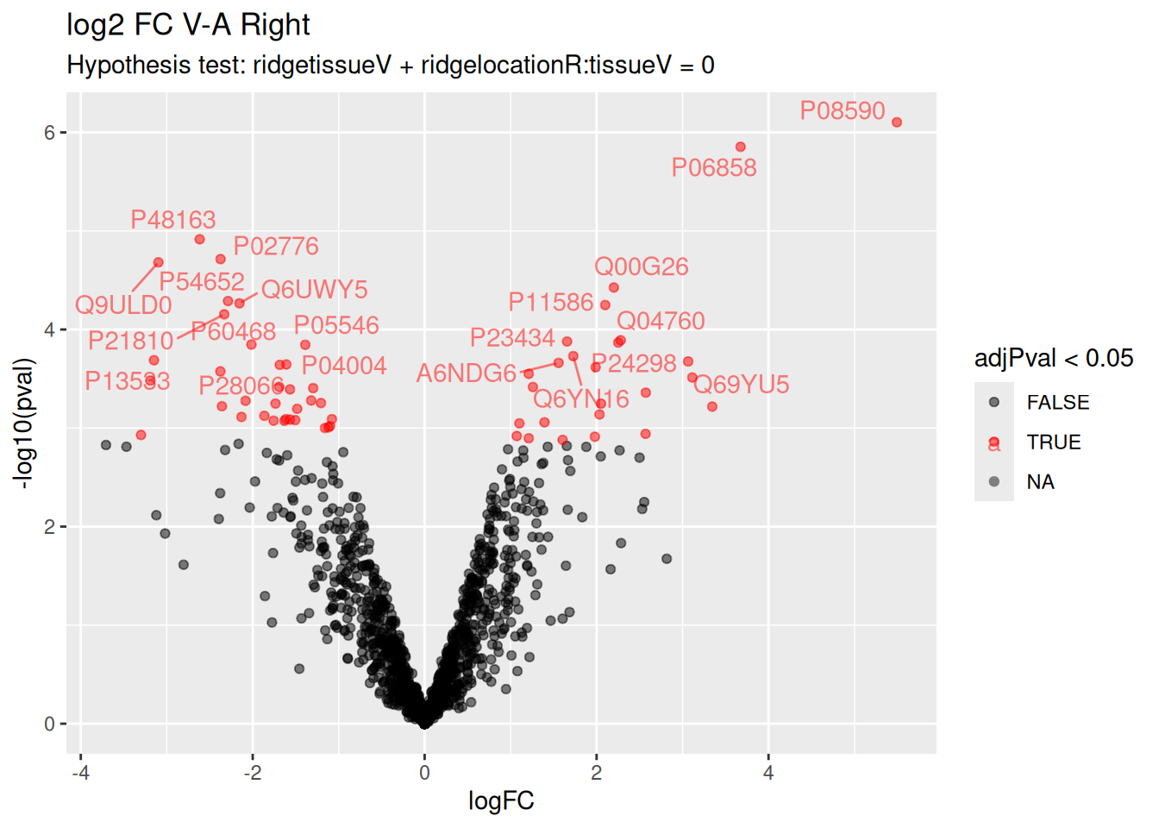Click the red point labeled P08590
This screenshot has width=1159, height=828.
897,122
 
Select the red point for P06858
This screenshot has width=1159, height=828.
740,147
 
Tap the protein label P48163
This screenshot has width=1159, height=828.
173,220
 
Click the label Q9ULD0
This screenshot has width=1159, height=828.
123,305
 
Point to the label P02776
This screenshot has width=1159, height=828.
276,247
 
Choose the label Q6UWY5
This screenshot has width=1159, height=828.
314,290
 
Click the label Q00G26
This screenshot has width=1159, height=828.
642,267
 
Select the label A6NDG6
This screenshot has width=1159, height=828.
466,373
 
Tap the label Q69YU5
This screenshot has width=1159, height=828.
742,385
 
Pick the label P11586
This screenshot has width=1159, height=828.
551,303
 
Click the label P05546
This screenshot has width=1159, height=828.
336,326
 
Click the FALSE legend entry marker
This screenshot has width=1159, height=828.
994,403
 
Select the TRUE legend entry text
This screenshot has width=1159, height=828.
1053,442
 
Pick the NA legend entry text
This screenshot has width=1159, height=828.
1040,482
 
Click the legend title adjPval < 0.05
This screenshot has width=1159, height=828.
1053,359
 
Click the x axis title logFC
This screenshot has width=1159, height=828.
501,801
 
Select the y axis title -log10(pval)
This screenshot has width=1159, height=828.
23,423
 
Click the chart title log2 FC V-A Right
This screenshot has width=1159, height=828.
188,25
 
